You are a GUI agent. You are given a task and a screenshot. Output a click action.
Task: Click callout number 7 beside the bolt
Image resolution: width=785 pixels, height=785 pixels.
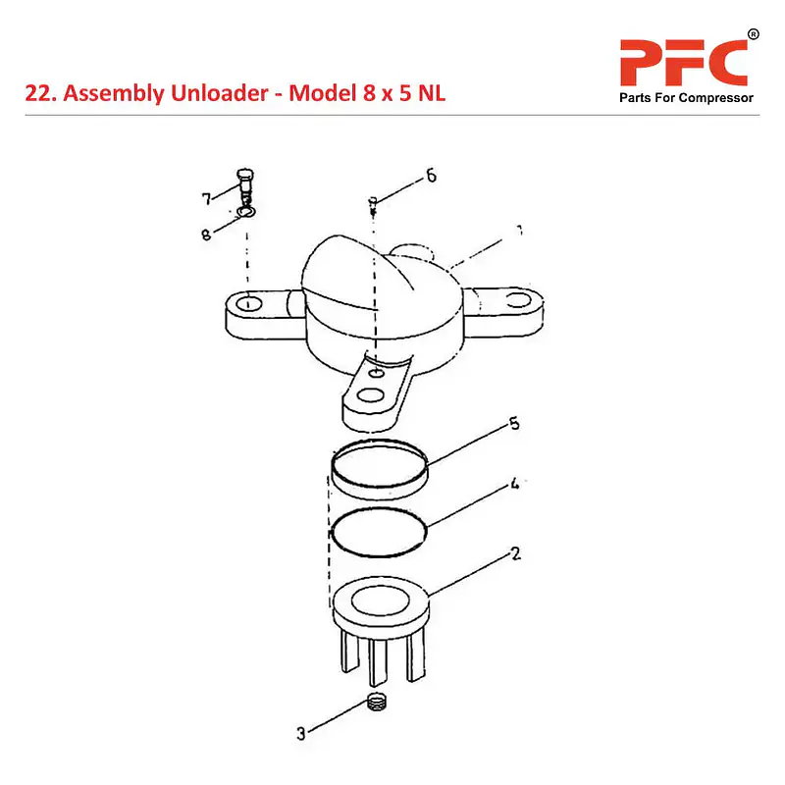[206, 199]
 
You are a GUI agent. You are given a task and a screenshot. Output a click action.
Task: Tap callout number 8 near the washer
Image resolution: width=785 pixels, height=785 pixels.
[206, 235]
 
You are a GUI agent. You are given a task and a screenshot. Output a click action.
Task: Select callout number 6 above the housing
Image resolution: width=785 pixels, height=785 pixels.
[431, 176]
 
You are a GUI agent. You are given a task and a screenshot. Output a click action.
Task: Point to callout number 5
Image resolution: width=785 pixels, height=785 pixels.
[514, 424]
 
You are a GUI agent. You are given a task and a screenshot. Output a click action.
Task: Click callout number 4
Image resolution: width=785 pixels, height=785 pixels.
[514, 484]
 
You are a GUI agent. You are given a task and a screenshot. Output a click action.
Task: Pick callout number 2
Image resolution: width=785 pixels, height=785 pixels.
[516, 553]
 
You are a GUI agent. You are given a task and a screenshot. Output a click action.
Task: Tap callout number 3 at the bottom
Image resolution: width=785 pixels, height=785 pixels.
[300, 733]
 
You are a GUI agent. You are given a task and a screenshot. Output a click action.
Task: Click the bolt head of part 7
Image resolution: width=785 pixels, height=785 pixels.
[244, 176]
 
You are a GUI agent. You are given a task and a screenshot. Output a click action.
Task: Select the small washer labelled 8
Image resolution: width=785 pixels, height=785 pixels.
[245, 213]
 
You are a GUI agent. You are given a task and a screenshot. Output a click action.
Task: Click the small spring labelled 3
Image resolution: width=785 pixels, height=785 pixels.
[378, 701]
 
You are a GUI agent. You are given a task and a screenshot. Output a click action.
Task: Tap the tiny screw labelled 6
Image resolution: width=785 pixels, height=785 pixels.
[373, 205]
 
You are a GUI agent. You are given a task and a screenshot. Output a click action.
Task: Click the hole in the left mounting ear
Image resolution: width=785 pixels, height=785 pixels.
[248, 303]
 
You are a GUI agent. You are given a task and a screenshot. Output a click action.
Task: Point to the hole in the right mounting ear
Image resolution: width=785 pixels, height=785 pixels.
[518, 300]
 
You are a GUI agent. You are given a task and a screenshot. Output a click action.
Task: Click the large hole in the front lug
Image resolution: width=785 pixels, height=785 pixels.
[371, 396]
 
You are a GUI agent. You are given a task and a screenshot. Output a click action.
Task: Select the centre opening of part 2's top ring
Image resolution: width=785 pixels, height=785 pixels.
[381, 602]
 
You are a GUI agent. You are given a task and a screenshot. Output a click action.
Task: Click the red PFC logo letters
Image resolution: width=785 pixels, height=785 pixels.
[683, 63]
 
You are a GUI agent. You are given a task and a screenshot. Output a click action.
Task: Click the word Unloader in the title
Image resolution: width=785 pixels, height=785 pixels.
[219, 93]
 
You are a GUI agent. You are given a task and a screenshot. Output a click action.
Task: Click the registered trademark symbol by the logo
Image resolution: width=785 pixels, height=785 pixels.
[753, 34]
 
